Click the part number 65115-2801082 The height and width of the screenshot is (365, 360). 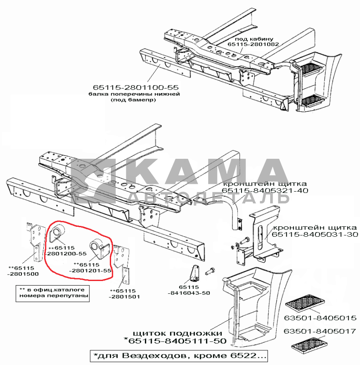coord(253,44)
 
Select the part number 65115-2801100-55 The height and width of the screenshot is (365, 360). coord(136,88)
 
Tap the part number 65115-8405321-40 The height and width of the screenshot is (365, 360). coord(265,190)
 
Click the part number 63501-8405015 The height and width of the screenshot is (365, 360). coord(320,318)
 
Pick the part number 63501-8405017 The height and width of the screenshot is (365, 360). coord(320,331)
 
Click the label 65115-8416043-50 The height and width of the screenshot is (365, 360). coord(189,290)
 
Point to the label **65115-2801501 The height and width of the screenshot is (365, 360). coord(124,294)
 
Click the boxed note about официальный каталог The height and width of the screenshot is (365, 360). coord(52,293)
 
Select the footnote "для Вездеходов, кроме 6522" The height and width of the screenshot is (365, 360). coord(179,356)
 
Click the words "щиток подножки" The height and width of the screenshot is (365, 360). coord(177,333)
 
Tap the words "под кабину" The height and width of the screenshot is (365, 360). coord(254,39)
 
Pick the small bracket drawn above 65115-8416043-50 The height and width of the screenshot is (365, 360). coord(195,272)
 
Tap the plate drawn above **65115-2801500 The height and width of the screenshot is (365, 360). coord(36,242)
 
